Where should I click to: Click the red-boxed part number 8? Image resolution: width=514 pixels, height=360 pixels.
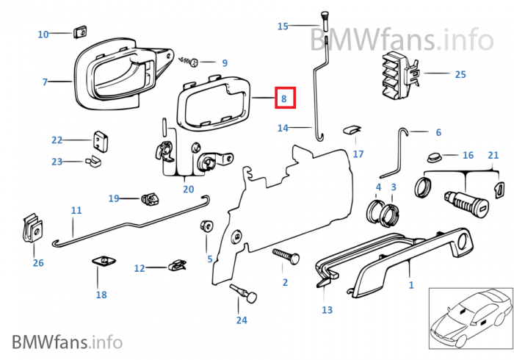point(284,97)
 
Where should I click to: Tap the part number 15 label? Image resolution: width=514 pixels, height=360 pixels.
point(283,26)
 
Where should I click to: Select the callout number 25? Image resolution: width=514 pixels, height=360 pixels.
point(460,74)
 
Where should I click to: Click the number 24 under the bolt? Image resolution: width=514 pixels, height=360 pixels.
point(242,320)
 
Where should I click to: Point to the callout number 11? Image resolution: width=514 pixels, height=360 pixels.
point(76,210)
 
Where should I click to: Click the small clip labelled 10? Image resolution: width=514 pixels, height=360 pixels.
point(79,32)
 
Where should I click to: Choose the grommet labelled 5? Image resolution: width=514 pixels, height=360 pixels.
point(206,226)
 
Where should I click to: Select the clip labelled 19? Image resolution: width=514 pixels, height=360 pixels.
point(149,198)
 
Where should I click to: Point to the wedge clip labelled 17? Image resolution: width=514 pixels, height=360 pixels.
point(351,132)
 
